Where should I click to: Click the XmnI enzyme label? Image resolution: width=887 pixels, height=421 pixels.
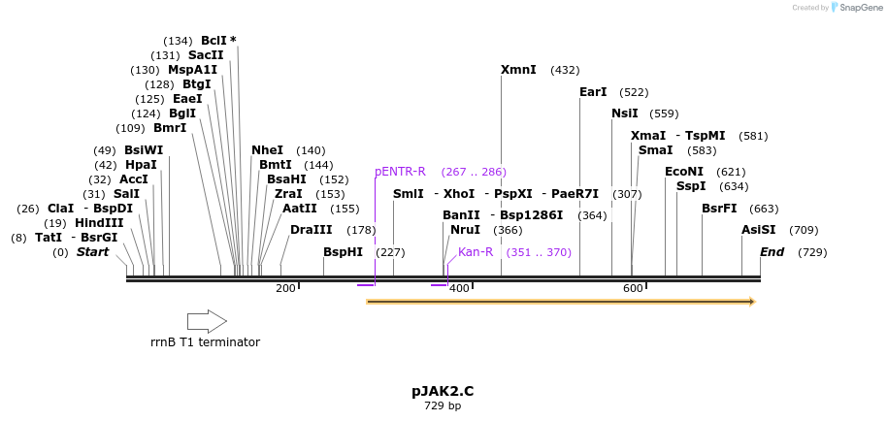[x=518, y=70]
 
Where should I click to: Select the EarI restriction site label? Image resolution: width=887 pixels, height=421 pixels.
[x=593, y=92]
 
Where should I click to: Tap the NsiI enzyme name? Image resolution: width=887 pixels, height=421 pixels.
[x=625, y=113]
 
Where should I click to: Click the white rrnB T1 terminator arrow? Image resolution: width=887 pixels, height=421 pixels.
[x=207, y=321]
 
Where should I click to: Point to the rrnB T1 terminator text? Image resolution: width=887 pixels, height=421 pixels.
[x=206, y=341]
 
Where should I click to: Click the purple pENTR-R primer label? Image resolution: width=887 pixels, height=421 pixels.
[x=400, y=172]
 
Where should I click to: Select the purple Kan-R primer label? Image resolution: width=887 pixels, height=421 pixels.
[x=476, y=252]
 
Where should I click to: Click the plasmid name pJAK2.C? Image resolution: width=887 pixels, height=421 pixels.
[x=443, y=392]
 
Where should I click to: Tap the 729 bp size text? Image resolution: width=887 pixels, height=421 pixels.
[x=443, y=405]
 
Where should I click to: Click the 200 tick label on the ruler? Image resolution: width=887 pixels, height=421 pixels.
[x=285, y=289]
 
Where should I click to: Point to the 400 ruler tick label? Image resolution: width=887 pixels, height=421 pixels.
[x=459, y=289]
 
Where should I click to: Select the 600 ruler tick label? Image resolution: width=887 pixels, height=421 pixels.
[x=633, y=289]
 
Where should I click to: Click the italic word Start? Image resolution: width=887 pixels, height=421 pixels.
[x=93, y=252]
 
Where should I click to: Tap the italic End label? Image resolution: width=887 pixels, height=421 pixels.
[x=772, y=252]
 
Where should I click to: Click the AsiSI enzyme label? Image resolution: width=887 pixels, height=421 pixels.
[x=759, y=230]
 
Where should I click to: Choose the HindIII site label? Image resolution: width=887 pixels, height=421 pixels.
[x=99, y=223]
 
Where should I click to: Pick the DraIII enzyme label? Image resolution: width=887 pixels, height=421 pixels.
[x=312, y=230]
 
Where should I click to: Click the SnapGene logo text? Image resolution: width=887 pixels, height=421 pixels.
[x=861, y=8]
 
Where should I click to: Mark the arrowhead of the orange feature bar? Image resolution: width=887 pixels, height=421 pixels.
[x=753, y=302]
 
